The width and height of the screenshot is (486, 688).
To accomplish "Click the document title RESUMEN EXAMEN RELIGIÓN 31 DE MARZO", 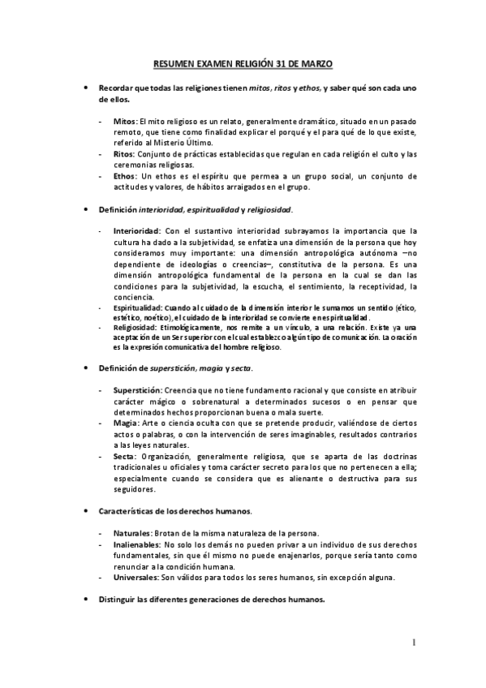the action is click(x=243, y=62).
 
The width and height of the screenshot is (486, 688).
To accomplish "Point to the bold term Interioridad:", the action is click(x=136, y=230).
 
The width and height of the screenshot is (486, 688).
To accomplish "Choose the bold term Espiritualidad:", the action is click(x=138, y=308).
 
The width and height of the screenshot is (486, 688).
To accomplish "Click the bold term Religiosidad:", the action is click(x=135, y=328).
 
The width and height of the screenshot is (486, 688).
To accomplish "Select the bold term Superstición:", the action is click(x=139, y=391).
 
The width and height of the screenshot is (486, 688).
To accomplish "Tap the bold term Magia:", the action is click(x=126, y=424).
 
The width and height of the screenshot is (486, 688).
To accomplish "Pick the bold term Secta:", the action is click(x=125, y=456).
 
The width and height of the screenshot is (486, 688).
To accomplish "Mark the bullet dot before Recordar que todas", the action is click(x=87, y=87).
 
